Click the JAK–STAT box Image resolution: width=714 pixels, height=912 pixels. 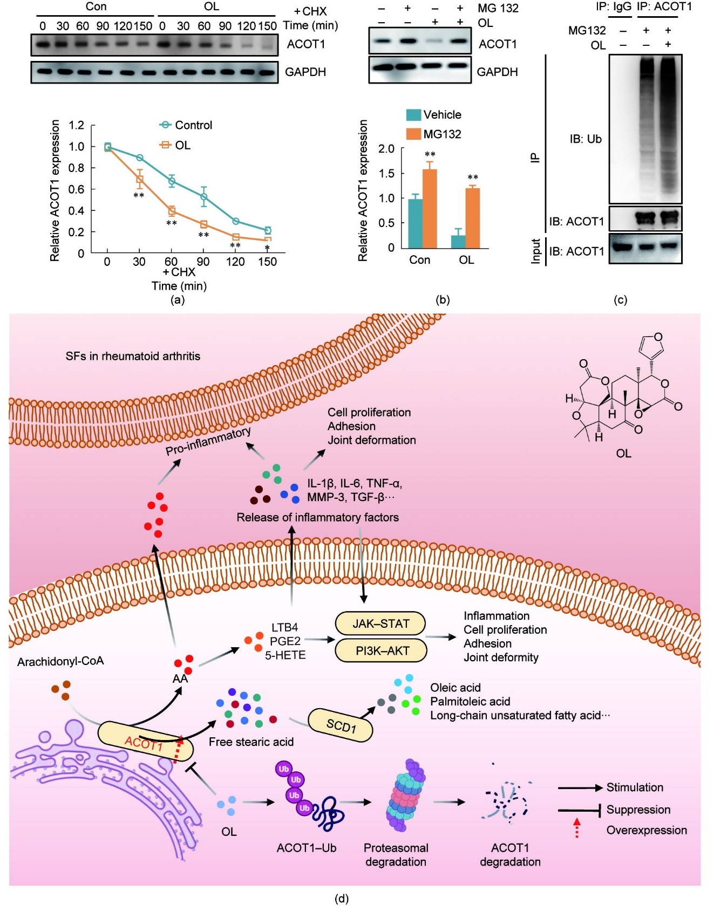380,623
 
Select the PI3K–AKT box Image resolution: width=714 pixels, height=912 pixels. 382,650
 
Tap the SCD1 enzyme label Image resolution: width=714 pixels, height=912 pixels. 341,725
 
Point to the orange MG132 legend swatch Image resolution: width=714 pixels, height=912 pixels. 413,134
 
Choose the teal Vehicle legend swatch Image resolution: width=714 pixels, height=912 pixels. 413,115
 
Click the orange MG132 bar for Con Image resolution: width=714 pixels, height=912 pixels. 430,208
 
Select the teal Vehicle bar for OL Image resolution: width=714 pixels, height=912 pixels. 458,242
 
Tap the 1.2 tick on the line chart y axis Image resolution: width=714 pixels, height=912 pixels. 77,126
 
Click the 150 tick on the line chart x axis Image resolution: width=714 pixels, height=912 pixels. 267,262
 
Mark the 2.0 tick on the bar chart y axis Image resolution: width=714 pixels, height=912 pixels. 386,149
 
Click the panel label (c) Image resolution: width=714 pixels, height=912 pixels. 620,300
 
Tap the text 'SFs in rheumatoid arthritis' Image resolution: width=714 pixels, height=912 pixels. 133,356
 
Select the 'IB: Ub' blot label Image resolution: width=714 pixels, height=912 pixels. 586,139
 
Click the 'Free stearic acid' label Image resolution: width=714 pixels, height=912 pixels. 251,742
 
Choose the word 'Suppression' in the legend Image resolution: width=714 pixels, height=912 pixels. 638,810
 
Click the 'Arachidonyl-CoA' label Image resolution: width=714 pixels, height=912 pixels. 60,661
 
